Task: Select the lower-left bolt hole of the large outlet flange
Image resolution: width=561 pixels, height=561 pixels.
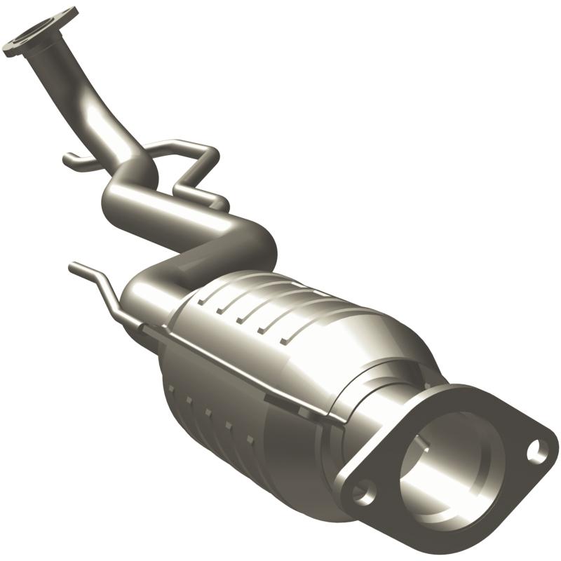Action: tap(363, 492)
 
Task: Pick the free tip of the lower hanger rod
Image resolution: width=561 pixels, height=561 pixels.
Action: tap(73, 266)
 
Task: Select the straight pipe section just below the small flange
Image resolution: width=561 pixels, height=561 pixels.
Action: tap(70, 84)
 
